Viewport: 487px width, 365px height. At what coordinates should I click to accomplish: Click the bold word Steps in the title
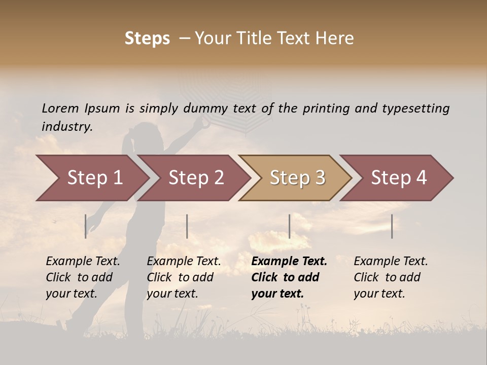pyautogui.click(x=147, y=39)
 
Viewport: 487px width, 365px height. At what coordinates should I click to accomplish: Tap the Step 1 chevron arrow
pyautogui.click(x=94, y=178)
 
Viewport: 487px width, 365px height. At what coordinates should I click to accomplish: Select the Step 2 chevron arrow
pyautogui.click(x=196, y=178)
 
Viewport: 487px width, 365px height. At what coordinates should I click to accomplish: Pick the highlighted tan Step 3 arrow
pyautogui.click(x=297, y=178)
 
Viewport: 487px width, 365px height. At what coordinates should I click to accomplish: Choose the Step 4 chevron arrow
pyautogui.click(x=399, y=178)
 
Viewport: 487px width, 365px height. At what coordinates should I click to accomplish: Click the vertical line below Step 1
pyautogui.click(x=86, y=226)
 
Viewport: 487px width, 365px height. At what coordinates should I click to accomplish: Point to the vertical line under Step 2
pyautogui.click(x=187, y=226)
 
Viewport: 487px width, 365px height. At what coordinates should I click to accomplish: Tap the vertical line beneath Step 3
pyautogui.click(x=290, y=226)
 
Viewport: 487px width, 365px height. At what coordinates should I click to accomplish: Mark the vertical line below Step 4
pyautogui.click(x=392, y=226)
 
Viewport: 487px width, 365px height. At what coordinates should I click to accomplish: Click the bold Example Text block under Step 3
pyautogui.click(x=289, y=277)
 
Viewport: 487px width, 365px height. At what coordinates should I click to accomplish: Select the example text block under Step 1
pyautogui.click(x=83, y=277)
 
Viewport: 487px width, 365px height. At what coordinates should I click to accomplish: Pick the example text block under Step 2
pyautogui.click(x=184, y=277)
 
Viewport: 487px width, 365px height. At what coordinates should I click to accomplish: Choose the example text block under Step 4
pyautogui.click(x=391, y=277)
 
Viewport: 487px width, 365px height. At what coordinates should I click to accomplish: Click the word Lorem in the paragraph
pyautogui.click(x=60, y=108)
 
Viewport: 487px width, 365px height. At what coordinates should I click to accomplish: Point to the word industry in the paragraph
pyautogui.click(x=67, y=127)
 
